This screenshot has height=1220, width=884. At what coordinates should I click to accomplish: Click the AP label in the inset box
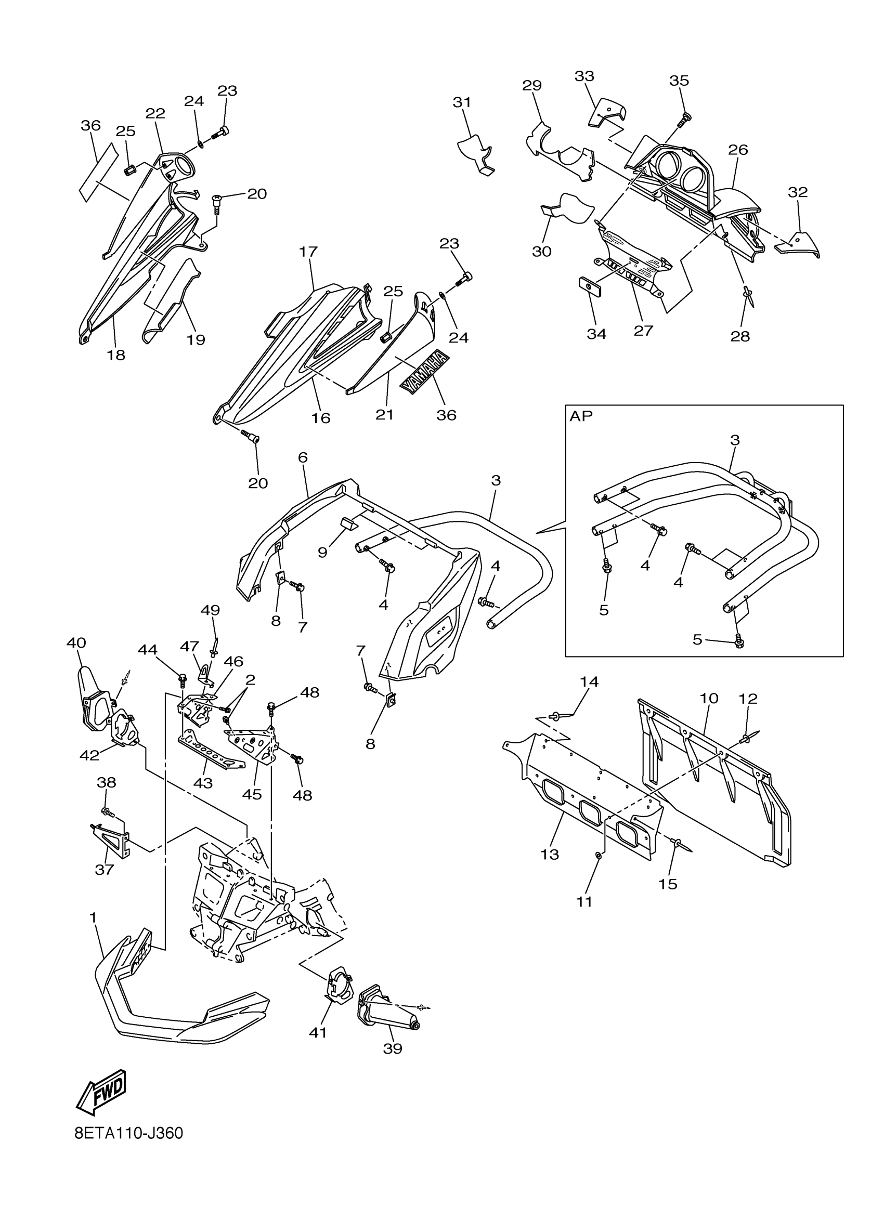point(580,416)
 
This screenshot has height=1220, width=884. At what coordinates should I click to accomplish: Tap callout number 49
point(211,610)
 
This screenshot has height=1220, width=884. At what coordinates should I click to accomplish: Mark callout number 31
point(462,102)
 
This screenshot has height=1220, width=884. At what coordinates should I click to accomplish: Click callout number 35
point(679,81)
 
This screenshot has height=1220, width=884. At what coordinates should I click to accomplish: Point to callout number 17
point(308,252)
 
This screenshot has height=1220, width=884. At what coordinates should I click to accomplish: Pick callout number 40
point(76,643)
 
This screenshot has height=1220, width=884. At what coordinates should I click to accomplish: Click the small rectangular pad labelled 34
point(589,287)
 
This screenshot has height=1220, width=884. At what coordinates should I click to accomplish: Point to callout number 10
point(709,699)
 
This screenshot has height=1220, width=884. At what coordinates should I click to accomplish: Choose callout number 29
point(531,86)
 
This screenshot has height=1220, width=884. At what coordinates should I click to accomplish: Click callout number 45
point(252,794)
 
